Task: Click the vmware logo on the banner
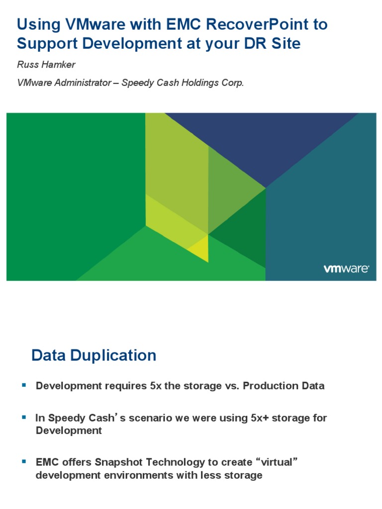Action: point(346,269)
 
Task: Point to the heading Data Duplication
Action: point(94,355)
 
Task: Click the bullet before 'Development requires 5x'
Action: point(23,385)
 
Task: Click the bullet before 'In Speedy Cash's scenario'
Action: point(23,417)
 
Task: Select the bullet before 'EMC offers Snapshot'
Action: point(23,461)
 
